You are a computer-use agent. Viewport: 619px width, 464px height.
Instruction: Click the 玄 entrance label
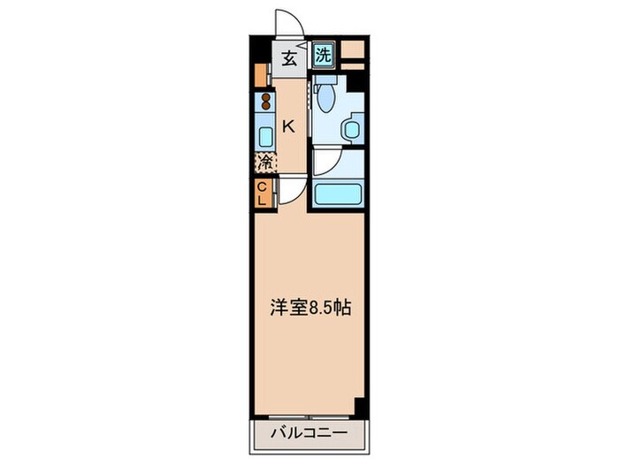click(x=289, y=59)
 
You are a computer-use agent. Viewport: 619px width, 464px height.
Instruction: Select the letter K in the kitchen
click(x=288, y=126)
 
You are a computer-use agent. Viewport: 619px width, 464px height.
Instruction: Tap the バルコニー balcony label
click(x=309, y=435)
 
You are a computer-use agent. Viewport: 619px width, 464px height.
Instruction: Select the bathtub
click(x=337, y=192)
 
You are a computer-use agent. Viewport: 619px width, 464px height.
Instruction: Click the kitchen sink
click(x=264, y=135)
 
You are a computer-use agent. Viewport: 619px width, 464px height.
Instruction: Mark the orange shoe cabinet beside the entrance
click(x=261, y=74)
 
